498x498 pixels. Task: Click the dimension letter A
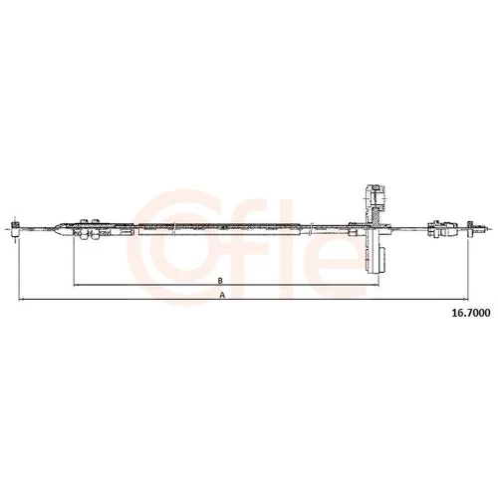click(223, 295)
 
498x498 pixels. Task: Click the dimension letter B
click(220, 281)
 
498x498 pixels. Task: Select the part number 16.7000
click(470, 313)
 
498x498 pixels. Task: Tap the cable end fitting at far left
click(15, 228)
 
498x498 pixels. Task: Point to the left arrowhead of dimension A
click(21, 299)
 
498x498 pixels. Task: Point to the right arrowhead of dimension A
click(465, 299)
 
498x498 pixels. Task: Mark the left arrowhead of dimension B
click(76, 285)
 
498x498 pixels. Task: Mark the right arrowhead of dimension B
click(376, 285)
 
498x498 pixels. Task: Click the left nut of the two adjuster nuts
click(84, 228)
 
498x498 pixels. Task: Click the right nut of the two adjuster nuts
click(95, 228)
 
